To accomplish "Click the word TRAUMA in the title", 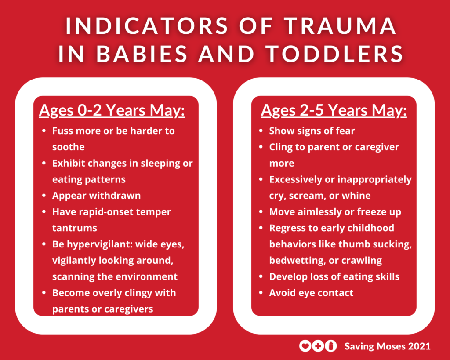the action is (x=340, y=25).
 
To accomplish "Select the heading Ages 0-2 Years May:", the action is (x=112, y=110).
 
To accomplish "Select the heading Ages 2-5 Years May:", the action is (x=334, y=110).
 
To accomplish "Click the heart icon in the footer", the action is (x=305, y=346).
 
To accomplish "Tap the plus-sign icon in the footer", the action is (x=318, y=346).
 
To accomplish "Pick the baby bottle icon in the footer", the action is (x=331, y=346).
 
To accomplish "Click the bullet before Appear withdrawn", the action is (x=44, y=196).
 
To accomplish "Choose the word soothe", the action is (x=68, y=147).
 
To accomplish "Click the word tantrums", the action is (x=75, y=228).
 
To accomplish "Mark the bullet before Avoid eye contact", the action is (x=261, y=293).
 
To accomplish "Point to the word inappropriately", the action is (x=375, y=180).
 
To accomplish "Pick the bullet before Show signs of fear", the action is (x=261, y=131).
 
